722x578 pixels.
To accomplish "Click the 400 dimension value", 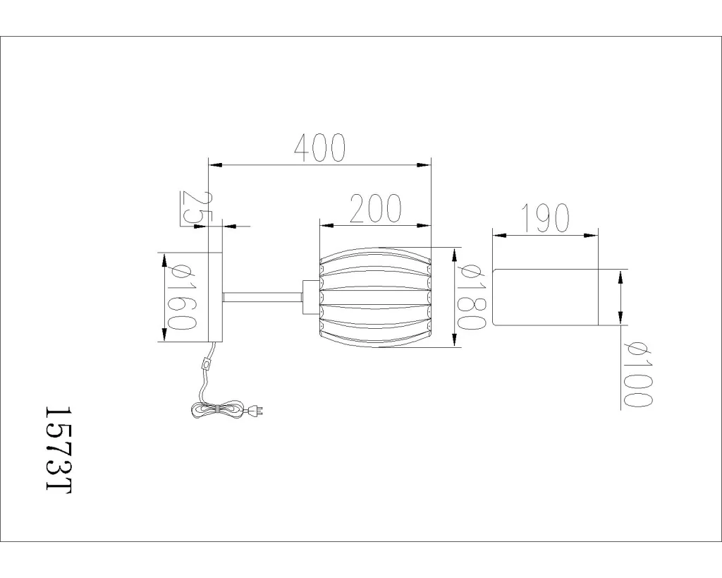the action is pos(319,148).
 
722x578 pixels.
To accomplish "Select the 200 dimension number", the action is pos(376,208).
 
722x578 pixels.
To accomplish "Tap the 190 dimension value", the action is pos(546,217).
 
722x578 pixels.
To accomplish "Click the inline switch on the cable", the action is pos(207,365).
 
